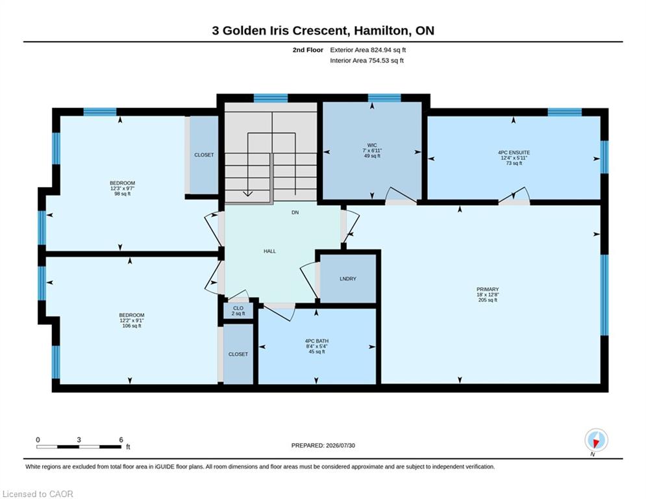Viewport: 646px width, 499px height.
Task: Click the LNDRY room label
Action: point(348,279)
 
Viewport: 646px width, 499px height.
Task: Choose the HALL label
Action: point(270,251)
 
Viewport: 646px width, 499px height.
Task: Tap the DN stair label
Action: point(295,212)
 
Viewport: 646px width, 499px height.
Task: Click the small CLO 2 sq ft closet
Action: point(238,311)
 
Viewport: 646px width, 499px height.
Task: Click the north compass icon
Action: point(596,440)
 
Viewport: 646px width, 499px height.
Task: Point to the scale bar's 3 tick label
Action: point(79,440)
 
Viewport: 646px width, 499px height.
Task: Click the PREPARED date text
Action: point(323,445)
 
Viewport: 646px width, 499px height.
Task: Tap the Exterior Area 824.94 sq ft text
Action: point(368,50)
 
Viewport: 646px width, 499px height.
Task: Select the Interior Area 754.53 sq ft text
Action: point(367,60)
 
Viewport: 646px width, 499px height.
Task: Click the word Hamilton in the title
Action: point(382,31)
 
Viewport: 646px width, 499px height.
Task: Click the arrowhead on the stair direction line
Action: point(247,194)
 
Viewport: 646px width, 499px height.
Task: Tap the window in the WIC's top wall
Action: point(384,97)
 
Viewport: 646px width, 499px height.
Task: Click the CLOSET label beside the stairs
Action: point(204,155)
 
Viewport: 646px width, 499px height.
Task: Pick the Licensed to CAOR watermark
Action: point(38,494)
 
